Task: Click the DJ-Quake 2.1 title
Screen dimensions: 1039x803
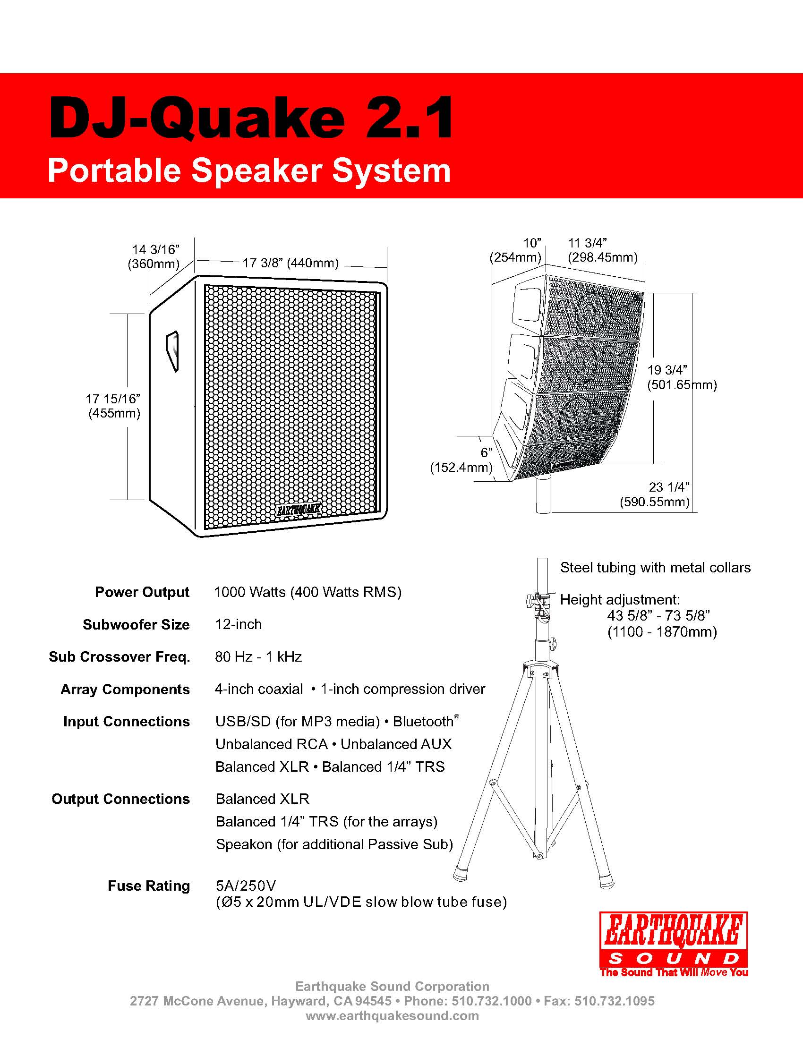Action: (251, 118)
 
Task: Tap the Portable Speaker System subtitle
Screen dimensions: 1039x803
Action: (249, 170)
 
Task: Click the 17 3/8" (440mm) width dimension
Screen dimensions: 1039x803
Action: (290, 263)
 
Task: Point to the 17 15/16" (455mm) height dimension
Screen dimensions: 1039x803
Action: (114, 406)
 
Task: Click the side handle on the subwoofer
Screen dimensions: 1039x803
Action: (172, 351)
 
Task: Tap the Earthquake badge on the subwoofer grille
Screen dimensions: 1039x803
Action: (299, 510)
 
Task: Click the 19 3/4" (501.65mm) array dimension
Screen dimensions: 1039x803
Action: (681, 377)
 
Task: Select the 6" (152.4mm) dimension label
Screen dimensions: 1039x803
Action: (461, 460)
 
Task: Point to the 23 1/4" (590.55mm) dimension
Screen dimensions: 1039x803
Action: (655, 494)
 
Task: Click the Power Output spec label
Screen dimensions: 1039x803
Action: (142, 592)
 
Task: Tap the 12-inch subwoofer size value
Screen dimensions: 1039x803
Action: (239, 624)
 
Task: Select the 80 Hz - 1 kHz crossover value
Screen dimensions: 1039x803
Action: (258, 657)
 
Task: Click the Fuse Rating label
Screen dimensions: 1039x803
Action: (148, 886)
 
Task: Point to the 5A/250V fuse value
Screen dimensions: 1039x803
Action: (246, 886)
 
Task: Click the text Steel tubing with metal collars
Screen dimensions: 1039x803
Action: (655, 568)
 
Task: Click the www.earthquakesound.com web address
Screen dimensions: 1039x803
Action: (392, 1016)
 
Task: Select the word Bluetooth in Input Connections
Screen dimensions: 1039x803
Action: (423, 722)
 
